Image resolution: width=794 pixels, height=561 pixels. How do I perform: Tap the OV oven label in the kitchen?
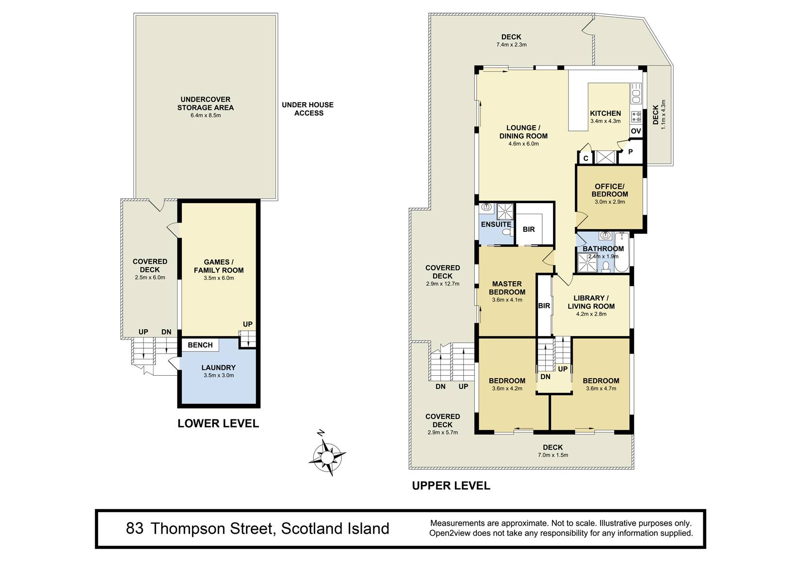coord(636,131)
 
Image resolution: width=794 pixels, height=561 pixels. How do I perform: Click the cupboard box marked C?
coord(585,158)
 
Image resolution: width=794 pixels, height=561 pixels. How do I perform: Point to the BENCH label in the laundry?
coord(200,345)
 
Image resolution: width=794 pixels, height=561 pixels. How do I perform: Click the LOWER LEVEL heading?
coord(218,423)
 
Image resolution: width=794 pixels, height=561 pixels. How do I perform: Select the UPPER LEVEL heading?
coord(451,485)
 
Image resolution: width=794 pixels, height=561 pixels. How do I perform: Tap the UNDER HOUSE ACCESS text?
coord(308,109)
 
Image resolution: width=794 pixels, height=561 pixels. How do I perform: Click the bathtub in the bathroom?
coord(622,252)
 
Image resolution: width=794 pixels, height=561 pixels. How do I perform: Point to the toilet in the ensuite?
coord(508,232)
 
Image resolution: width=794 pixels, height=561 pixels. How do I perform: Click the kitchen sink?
coord(636,94)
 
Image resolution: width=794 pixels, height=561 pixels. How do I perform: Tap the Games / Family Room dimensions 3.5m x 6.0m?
coord(219,278)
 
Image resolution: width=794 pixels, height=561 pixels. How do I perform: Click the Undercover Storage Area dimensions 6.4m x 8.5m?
coord(206,115)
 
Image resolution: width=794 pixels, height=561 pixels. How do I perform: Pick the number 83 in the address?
coord(135,529)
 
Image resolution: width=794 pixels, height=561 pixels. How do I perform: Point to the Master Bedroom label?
coord(507,288)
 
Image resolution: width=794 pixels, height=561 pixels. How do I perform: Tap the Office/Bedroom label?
coord(610,190)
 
